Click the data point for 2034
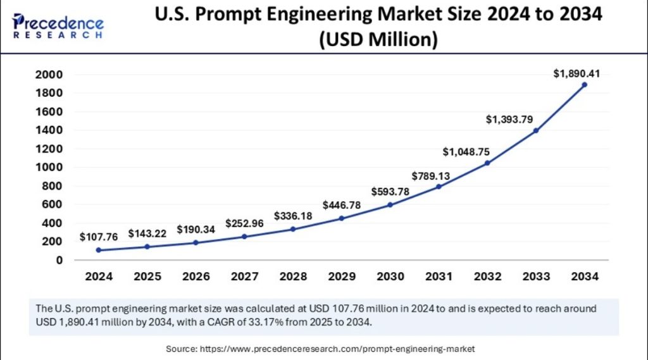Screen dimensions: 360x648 click(x=584, y=84)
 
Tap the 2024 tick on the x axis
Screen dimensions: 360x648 click(x=98, y=276)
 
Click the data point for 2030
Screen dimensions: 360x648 click(x=390, y=204)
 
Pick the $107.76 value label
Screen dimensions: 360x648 click(x=99, y=237)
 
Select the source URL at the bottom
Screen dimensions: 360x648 click(x=337, y=349)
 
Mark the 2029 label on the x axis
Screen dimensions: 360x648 click(x=341, y=276)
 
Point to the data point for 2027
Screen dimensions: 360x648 click(x=244, y=237)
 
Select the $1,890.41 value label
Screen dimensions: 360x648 click(x=576, y=73)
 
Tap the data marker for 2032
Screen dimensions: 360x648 click(x=487, y=163)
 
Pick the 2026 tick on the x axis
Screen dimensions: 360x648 click(x=196, y=276)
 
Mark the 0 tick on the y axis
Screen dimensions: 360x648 click(x=59, y=260)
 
